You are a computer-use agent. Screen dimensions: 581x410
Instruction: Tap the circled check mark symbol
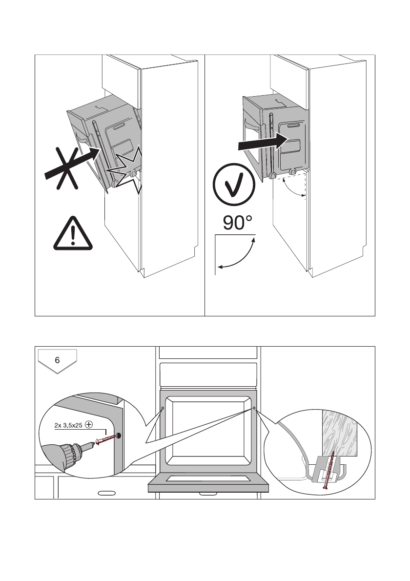(234, 186)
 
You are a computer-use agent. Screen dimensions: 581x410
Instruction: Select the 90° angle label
(238, 223)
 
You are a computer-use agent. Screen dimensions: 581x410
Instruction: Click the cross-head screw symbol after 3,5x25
(89, 424)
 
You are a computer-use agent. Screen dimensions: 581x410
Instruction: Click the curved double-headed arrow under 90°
(237, 253)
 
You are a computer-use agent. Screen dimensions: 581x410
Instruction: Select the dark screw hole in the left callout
(119, 435)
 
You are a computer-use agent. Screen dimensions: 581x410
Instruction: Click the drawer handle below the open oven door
(208, 494)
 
